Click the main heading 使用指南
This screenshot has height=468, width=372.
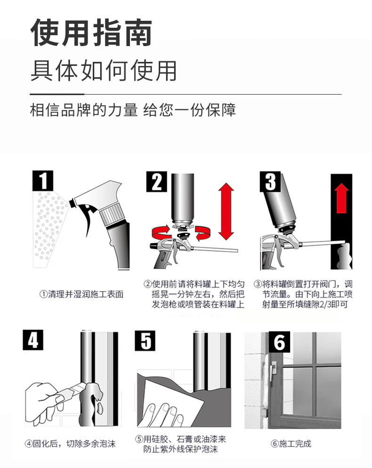coord(91,32)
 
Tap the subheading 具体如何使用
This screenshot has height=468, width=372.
coord(104,71)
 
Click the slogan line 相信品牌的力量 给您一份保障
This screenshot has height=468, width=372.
coord(133,110)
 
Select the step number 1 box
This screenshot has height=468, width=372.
coord(43,181)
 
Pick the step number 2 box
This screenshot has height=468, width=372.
coord(156,182)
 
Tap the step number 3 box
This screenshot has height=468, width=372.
coord(270,182)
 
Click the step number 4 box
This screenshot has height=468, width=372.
coord(33,340)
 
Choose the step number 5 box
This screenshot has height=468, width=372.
coord(145,341)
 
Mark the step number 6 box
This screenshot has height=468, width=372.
coord(279,342)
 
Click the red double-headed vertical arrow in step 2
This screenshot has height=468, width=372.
coord(226,211)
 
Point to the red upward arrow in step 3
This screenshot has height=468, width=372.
coord(341,198)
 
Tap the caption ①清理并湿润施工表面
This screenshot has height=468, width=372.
coord(81,294)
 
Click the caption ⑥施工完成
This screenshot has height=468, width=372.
coord(291,444)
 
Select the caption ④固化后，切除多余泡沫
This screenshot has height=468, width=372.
coord(70,444)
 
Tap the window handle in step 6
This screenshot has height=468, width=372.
coord(273,370)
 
